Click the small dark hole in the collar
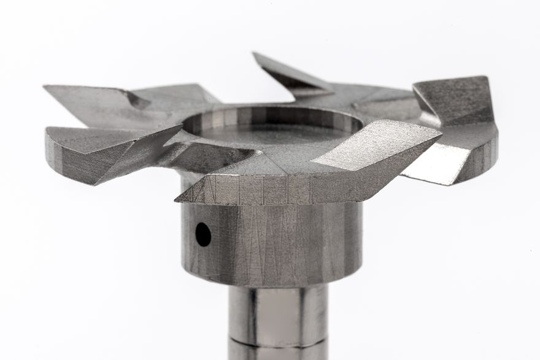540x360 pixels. click(x=202, y=234)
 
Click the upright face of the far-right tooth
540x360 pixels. click(x=454, y=98)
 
